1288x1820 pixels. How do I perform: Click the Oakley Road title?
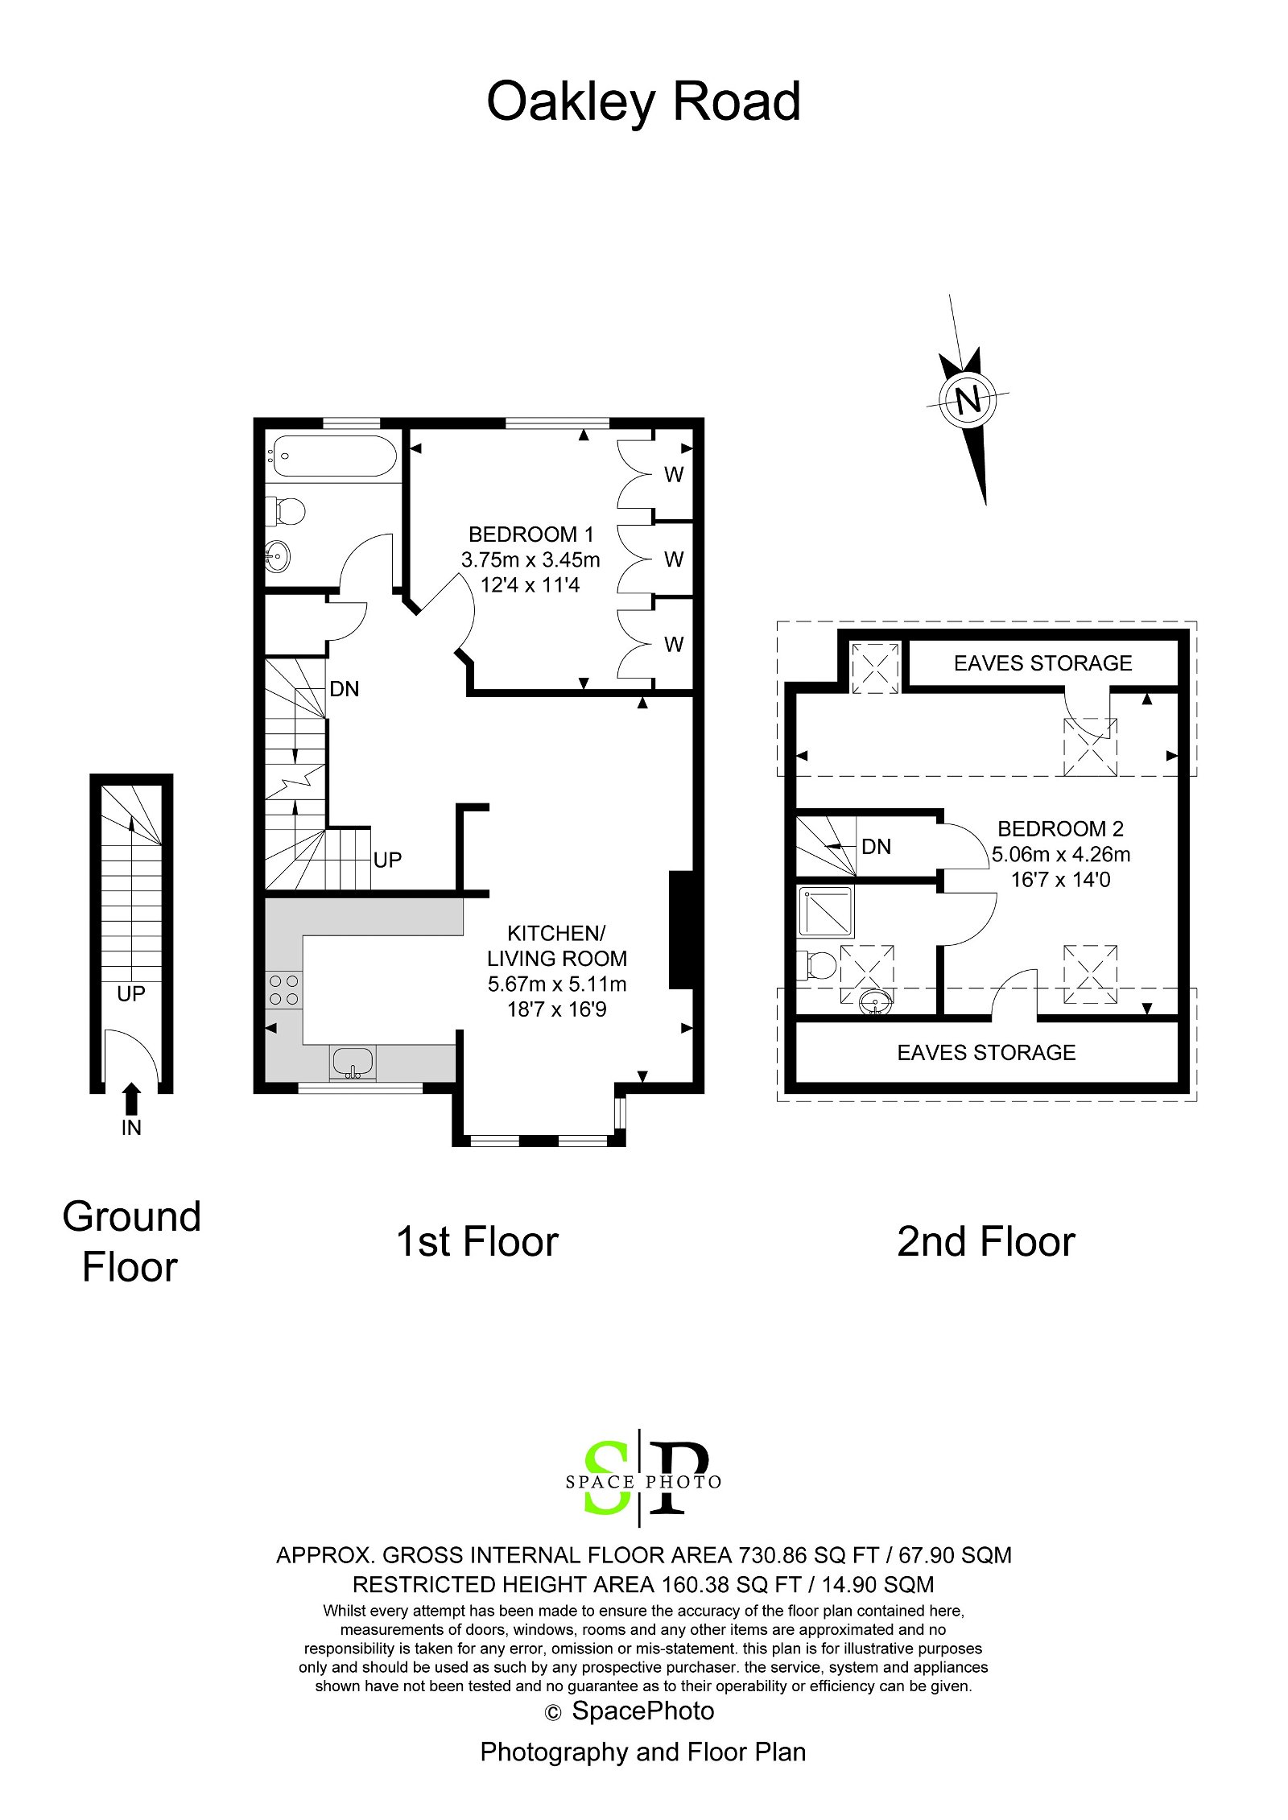tap(643, 101)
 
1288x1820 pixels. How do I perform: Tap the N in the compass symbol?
tap(968, 399)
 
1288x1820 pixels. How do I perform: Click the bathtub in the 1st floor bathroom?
tap(332, 456)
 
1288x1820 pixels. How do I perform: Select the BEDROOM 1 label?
tap(530, 534)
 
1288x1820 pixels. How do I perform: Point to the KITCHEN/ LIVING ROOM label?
tap(556, 946)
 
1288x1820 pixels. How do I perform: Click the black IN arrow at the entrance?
tap(132, 1098)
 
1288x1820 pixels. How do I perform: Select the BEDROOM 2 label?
tap(1060, 828)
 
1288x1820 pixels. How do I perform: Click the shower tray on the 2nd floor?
tap(825, 912)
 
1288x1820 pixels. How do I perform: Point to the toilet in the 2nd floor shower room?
tap(814, 965)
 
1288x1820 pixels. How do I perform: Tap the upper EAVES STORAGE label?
tap(1042, 663)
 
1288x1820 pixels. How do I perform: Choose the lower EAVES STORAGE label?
tap(986, 1053)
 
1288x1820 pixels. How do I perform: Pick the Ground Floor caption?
tap(131, 1241)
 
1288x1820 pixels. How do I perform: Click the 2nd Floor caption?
tap(985, 1242)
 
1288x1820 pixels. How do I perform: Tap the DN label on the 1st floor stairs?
tap(345, 689)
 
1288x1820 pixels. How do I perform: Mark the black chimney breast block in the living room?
tap(680, 930)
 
